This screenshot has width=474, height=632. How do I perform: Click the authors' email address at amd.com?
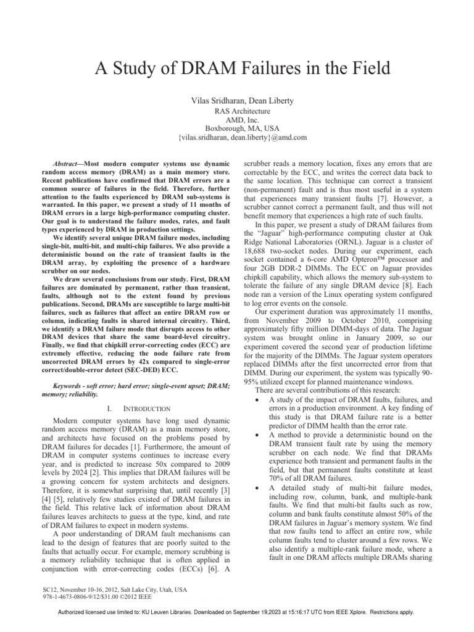[238, 137]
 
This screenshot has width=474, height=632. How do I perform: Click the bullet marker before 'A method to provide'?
[256, 436]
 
